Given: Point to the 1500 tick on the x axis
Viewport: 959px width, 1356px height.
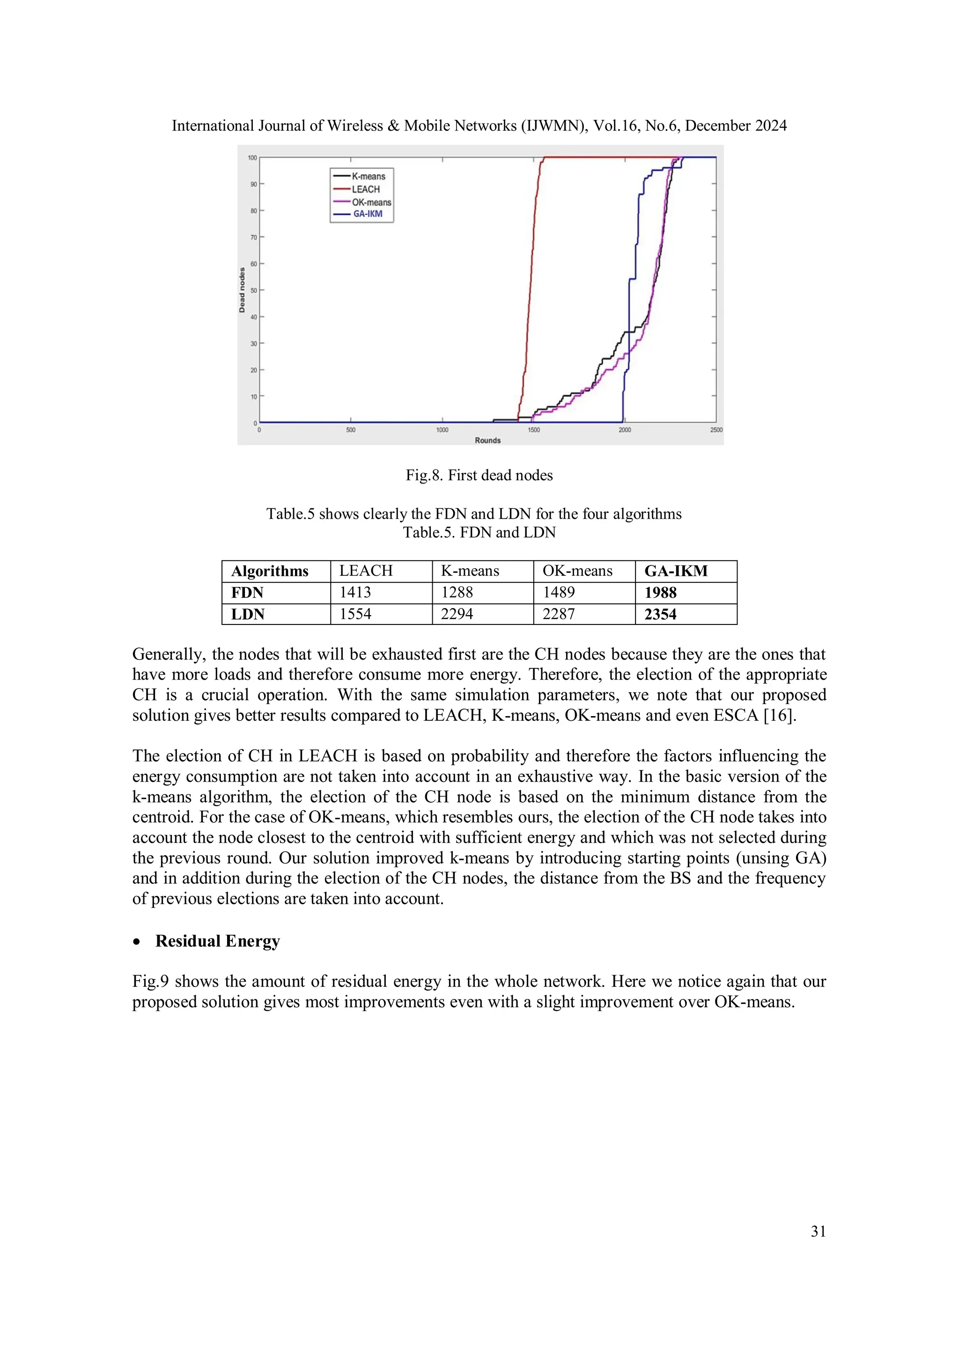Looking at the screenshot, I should point(533,430).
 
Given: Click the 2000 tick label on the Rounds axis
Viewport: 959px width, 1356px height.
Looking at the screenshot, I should point(625,430).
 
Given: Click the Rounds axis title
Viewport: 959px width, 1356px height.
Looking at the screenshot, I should point(487,440).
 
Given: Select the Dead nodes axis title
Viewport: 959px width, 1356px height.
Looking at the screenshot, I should point(242,290).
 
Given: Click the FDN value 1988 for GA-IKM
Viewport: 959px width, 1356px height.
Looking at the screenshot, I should point(660,593).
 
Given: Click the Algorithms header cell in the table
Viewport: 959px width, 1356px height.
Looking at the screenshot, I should point(269,571).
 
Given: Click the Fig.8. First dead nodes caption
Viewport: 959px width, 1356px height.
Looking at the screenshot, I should point(479,476).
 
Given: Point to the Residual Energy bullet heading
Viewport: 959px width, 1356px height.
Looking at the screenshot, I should point(217,941).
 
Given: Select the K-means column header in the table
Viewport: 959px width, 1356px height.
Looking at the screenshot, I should point(470,571).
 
